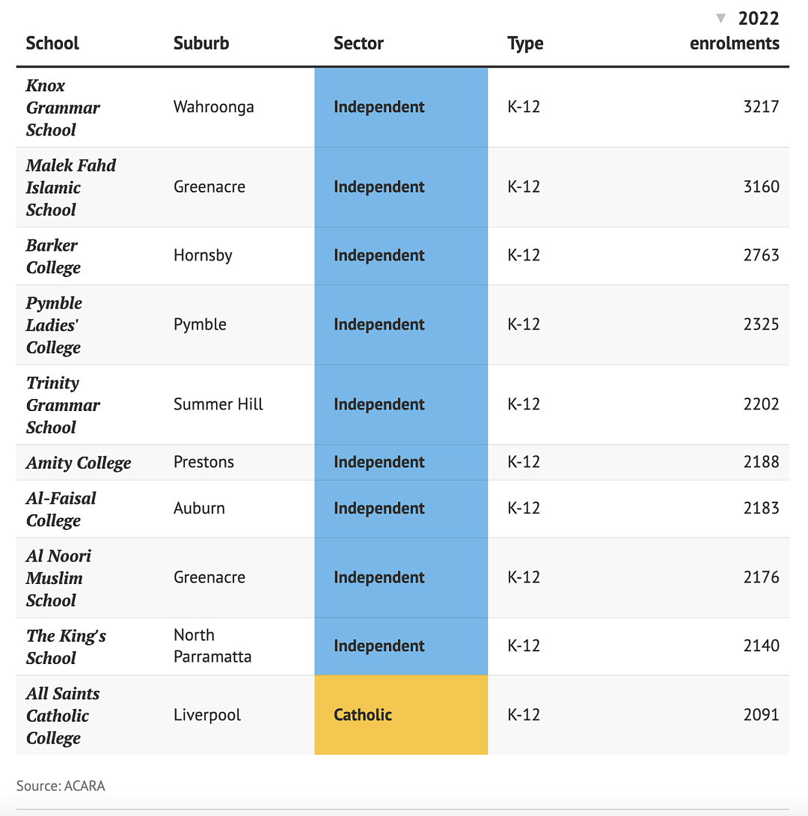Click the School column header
click(x=52, y=43)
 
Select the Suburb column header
click(x=201, y=43)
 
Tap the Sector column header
click(x=358, y=43)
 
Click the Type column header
click(x=525, y=43)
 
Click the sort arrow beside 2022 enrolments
click(x=720, y=19)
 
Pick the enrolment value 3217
click(x=761, y=107)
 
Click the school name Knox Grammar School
click(x=63, y=108)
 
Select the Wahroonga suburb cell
click(x=214, y=107)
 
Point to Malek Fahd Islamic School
click(x=71, y=187)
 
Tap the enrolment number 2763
click(x=761, y=255)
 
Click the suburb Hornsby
click(x=203, y=255)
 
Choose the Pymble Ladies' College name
click(x=54, y=325)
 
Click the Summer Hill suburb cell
click(x=218, y=404)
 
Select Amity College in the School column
click(x=79, y=463)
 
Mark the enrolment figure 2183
click(x=761, y=508)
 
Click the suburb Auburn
click(x=199, y=508)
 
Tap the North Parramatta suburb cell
click(x=212, y=646)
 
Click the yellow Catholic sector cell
click(x=401, y=715)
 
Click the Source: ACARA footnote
click(x=61, y=786)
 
